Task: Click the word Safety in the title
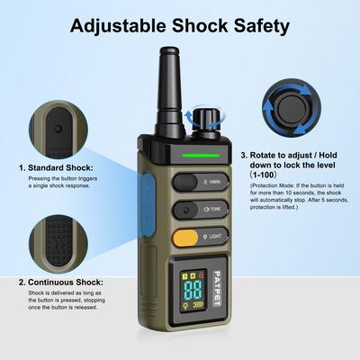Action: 258,25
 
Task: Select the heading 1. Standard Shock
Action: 59,167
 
